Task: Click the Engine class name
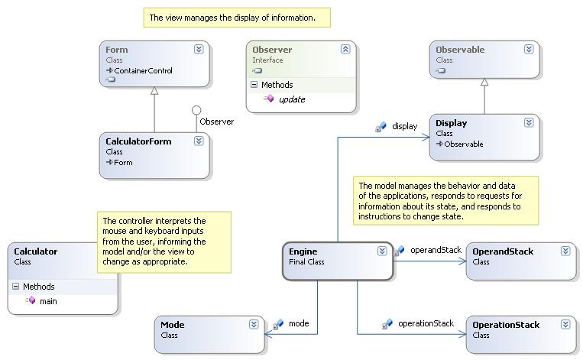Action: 303,251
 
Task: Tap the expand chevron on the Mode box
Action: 254,325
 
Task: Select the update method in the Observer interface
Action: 292,99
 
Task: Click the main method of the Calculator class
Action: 48,301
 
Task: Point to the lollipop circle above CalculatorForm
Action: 196,110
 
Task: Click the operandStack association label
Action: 436,250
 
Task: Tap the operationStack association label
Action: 426,323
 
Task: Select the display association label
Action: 404,126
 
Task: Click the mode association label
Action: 299,323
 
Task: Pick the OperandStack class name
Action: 503,251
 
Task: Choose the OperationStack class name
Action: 506,325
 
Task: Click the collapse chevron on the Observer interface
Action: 345,50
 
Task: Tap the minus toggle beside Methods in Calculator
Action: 15,287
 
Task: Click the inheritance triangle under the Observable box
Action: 484,83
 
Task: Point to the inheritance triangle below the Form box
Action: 154,91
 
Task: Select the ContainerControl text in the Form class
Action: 143,70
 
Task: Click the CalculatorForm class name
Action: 138,141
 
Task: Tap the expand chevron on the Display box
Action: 529,123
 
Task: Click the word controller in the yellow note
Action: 132,221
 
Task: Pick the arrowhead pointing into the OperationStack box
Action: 462,334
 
